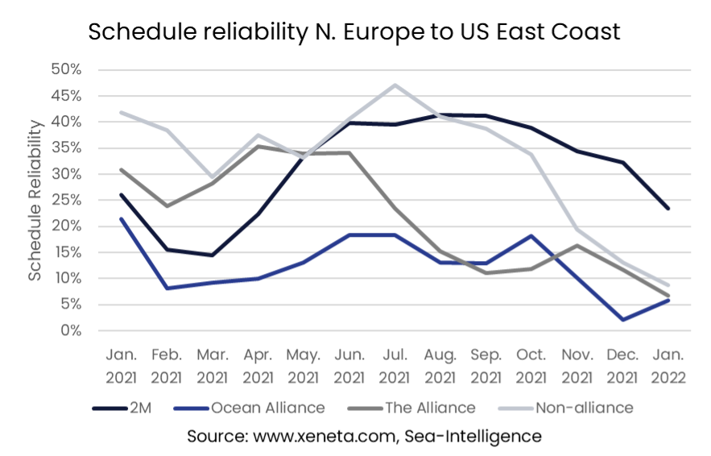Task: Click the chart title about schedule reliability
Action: [355, 31]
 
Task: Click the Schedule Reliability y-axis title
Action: [35, 200]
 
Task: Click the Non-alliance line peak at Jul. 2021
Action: [395, 85]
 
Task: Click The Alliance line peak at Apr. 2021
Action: [257, 146]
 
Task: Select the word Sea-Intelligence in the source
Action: [476, 436]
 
